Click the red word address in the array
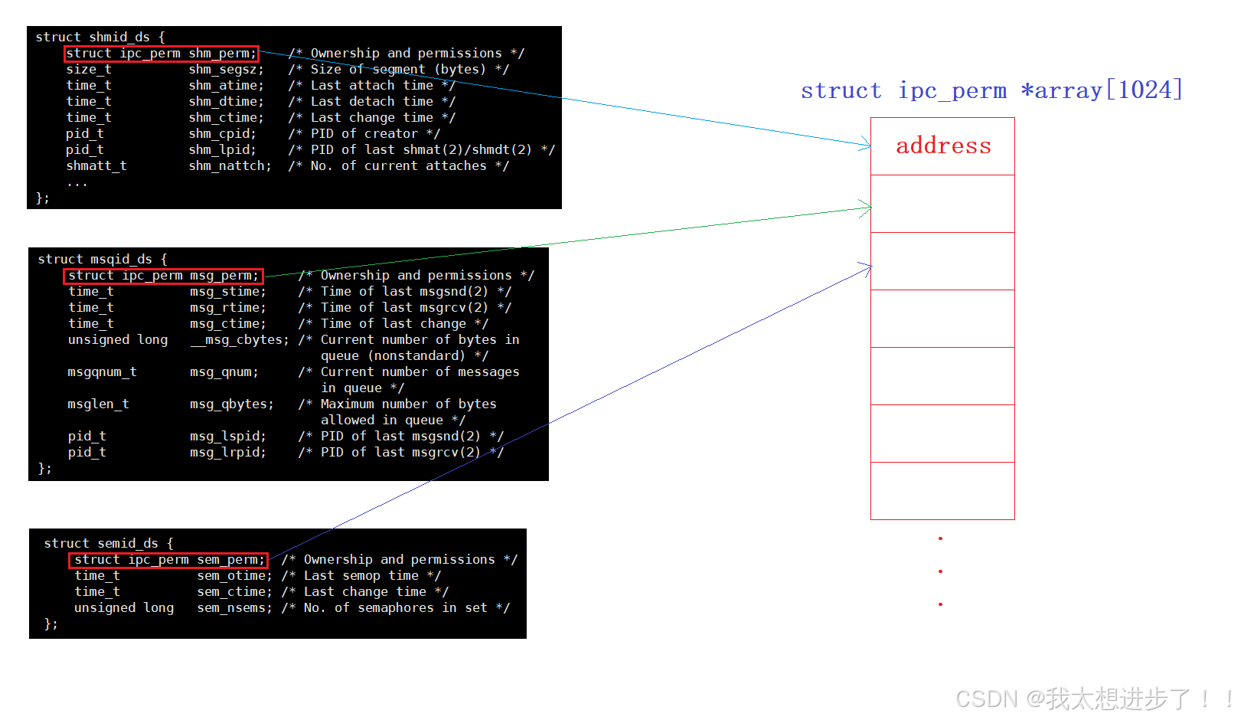(x=943, y=146)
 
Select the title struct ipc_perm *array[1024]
(x=991, y=90)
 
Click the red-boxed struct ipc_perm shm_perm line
(x=161, y=54)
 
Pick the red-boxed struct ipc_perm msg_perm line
(x=163, y=276)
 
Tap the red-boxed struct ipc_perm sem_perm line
(x=168, y=560)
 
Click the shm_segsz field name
(x=226, y=70)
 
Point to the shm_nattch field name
(x=230, y=166)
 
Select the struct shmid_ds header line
(x=100, y=37)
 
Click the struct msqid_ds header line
(x=102, y=259)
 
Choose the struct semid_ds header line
(x=108, y=543)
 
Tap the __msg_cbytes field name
(x=240, y=340)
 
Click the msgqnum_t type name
(x=102, y=372)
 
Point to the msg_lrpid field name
(x=227, y=453)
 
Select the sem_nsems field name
(x=234, y=608)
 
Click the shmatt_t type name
(x=96, y=166)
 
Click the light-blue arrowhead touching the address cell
(x=867, y=143)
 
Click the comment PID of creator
(x=375, y=134)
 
